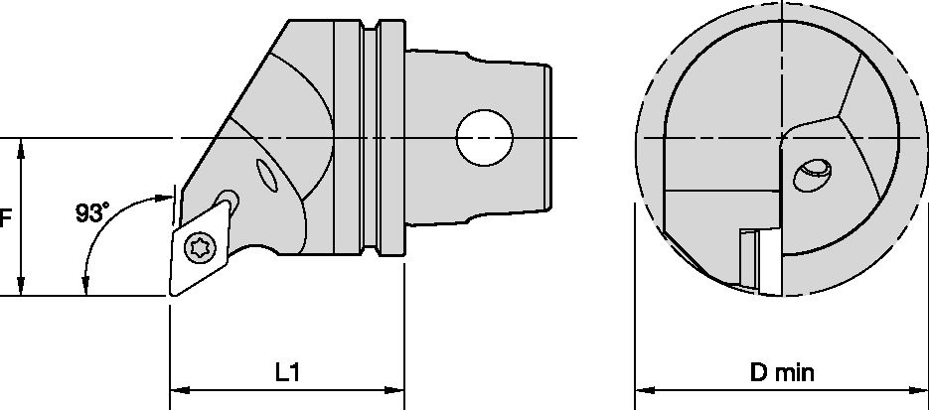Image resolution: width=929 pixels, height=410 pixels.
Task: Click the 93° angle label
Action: pyautogui.click(x=92, y=211)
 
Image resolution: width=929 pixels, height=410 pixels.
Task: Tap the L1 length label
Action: pyautogui.click(x=287, y=373)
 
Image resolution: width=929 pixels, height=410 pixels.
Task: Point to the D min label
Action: pyautogui.click(x=783, y=373)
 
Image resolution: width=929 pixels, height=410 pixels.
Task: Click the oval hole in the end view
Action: pyautogui.click(x=813, y=175)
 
